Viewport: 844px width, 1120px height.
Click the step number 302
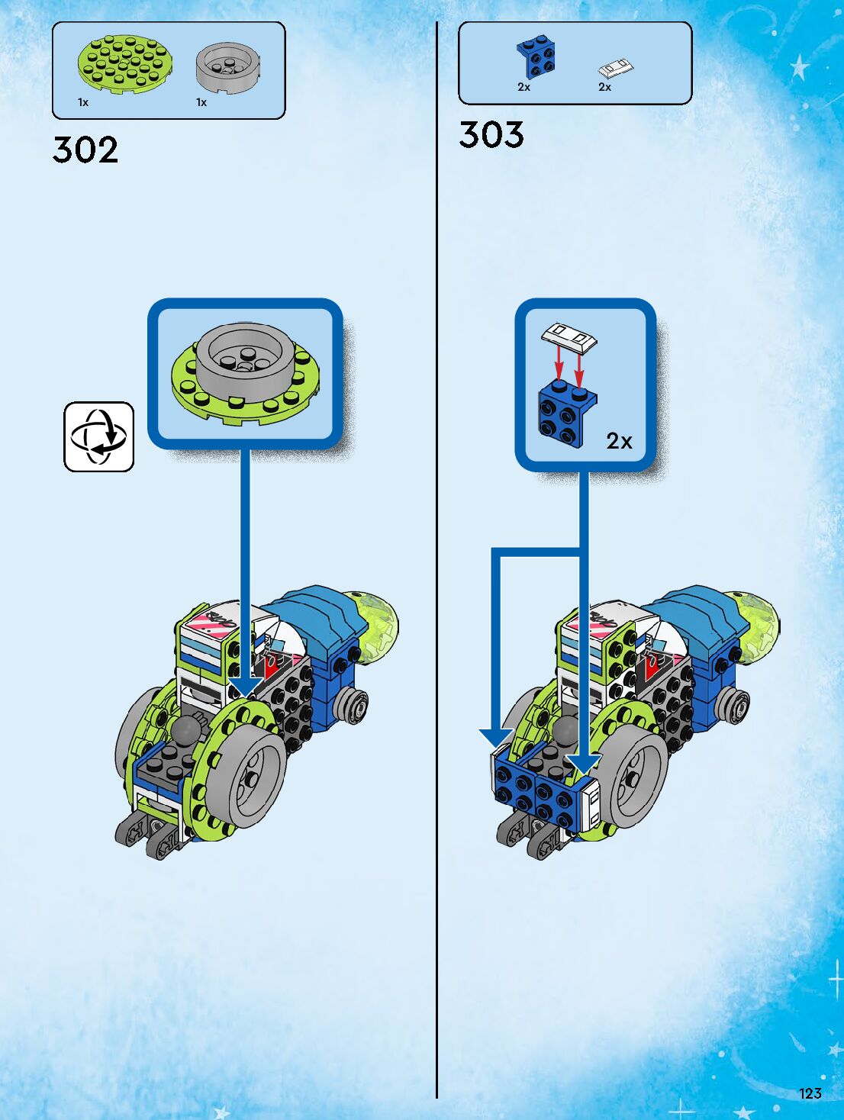pyautogui.click(x=85, y=150)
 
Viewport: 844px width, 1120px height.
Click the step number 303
pyautogui.click(x=491, y=135)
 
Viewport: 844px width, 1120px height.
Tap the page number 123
pyautogui.click(x=810, y=1093)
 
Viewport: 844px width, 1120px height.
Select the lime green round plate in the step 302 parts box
pyautogui.click(x=124, y=62)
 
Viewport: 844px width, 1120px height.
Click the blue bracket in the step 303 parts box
pyautogui.click(x=536, y=57)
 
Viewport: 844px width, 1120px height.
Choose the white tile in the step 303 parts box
pyautogui.click(x=616, y=69)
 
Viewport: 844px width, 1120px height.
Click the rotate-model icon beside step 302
pyautogui.click(x=98, y=436)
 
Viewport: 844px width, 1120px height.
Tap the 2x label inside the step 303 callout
pyautogui.click(x=619, y=441)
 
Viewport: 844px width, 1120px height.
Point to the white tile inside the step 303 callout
pyautogui.click(x=569, y=336)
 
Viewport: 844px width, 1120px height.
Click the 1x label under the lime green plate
pyautogui.click(x=83, y=102)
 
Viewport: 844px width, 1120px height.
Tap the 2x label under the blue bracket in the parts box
pyautogui.click(x=523, y=87)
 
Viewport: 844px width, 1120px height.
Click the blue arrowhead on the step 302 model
pyautogui.click(x=245, y=686)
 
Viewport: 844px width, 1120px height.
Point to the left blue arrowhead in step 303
pyautogui.click(x=496, y=738)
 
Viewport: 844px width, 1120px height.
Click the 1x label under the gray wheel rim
pyautogui.click(x=201, y=102)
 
